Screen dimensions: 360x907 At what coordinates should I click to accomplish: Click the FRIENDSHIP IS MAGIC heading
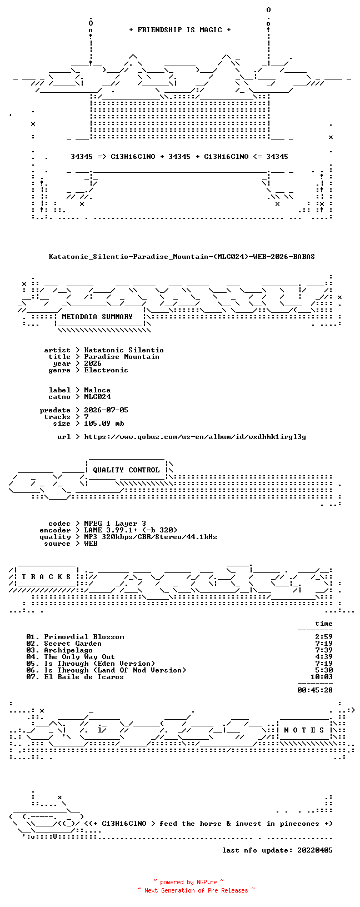pyautogui.click(x=180, y=30)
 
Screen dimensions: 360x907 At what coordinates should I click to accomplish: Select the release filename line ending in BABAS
pyautogui.click(x=182, y=257)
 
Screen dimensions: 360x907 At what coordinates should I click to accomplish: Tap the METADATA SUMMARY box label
pyautogui.click(x=97, y=317)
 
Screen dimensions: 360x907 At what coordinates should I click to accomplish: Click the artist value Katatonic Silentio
pyautogui.click(x=124, y=350)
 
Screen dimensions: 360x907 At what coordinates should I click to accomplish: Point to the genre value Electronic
pyautogui.click(x=106, y=370)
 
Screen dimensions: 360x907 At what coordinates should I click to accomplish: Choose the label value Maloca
pyautogui.click(x=97, y=390)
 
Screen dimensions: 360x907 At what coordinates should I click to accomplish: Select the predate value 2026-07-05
pyautogui.click(x=106, y=410)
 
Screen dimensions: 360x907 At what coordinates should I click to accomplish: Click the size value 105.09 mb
pyautogui.click(x=104, y=423)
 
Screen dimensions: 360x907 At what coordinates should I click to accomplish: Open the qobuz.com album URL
pyautogui.click(x=195, y=437)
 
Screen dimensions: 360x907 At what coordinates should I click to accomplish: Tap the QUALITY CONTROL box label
pyautogui.click(x=126, y=470)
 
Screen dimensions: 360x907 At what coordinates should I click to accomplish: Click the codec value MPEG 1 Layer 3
pyautogui.click(x=115, y=524)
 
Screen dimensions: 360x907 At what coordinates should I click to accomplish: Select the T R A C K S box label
pyautogui.click(x=46, y=576)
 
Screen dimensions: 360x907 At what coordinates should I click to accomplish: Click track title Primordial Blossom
pyautogui.click(x=84, y=637)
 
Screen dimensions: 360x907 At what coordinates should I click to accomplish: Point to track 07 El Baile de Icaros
pyautogui.click(x=75, y=677)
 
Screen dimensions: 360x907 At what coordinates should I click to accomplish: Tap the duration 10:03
pyautogui.click(x=322, y=677)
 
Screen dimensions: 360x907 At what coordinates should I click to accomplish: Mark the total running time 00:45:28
pyautogui.click(x=315, y=690)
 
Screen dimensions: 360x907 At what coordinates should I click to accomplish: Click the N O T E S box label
pyautogui.click(x=304, y=730)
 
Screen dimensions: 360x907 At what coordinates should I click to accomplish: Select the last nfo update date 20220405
pyautogui.click(x=315, y=850)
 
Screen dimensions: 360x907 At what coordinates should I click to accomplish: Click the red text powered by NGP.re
pyautogui.click(x=188, y=883)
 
